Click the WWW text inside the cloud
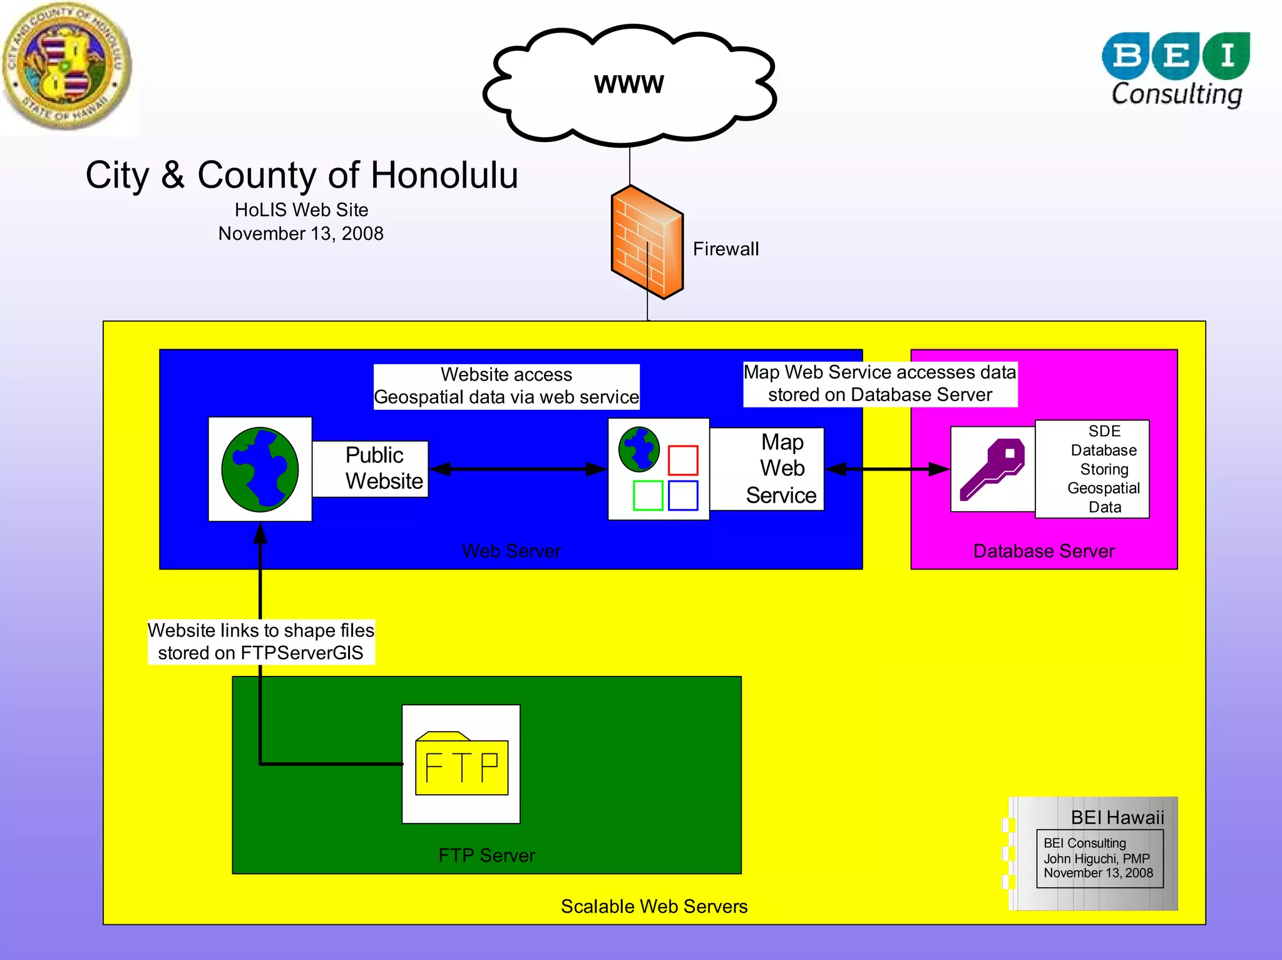(628, 84)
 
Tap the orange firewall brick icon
(647, 243)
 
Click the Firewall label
(725, 249)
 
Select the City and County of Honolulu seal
(67, 66)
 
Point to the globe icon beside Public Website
(260, 469)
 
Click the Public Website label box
(371, 469)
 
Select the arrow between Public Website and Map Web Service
(518, 469)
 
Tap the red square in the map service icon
(682, 460)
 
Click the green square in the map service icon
(647, 496)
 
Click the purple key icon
(992, 469)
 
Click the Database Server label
(1044, 551)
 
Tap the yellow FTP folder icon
(461, 764)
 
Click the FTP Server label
(486, 855)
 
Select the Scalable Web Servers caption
(654, 906)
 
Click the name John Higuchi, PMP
(1096, 859)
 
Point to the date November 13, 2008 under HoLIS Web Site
(300, 233)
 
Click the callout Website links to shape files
(260, 630)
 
